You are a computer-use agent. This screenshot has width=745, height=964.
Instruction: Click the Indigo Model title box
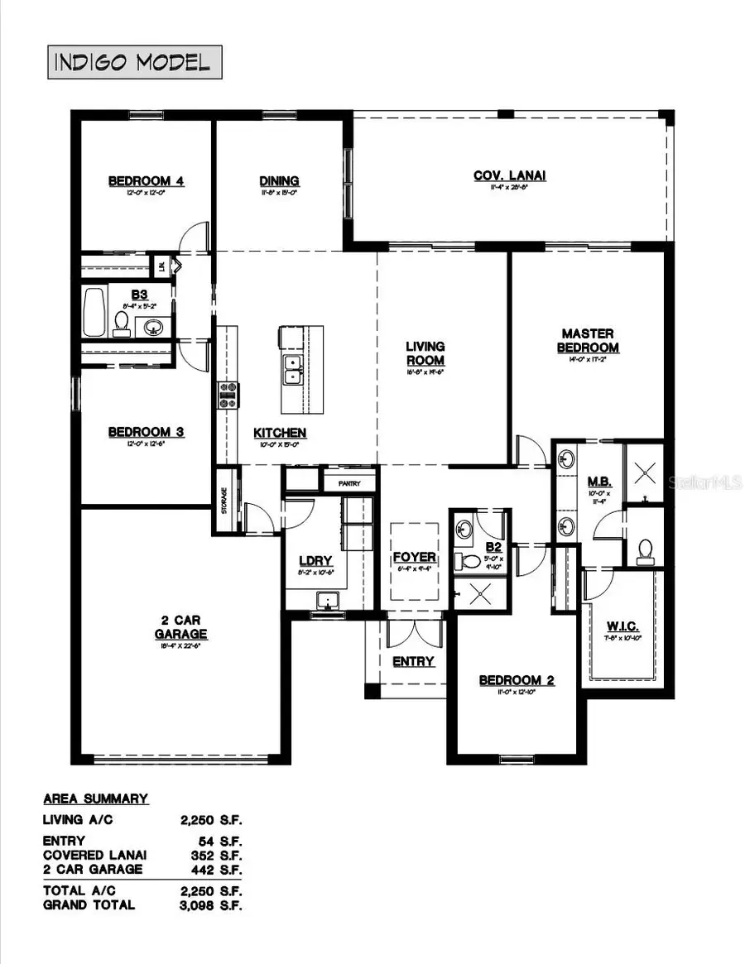[134, 62]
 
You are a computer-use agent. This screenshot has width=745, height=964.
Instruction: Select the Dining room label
[279, 181]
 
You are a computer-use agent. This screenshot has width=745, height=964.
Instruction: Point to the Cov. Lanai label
[509, 175]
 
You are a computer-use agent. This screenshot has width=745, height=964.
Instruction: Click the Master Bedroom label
[588, 341]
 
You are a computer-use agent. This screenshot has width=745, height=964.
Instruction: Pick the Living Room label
[425, 353]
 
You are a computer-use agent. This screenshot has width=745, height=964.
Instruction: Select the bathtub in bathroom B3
[94, 311]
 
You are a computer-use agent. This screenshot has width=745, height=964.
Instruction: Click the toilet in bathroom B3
[122, 323]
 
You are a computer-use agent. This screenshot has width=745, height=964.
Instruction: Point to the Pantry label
[348, 479]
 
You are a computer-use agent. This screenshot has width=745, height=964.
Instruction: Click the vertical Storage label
[223, 501]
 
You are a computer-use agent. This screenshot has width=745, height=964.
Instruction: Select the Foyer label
[414, 557]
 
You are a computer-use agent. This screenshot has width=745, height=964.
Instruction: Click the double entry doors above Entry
[416, 635]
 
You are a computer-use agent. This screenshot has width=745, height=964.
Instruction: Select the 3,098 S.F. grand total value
[211, 905]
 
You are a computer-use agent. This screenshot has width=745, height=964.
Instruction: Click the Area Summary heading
[95, 799]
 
